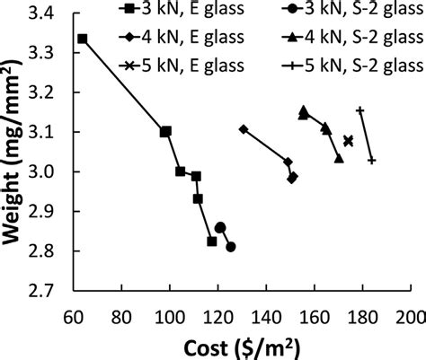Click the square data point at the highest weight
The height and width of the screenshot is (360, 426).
(x=83, y=39)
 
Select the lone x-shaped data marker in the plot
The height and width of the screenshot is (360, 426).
(x=348, y=141)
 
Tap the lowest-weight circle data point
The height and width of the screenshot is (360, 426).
(x=231, y=247)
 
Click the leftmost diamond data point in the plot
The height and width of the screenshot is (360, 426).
(x=243, y=129)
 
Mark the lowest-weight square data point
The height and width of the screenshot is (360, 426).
(x=212, y=241)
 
